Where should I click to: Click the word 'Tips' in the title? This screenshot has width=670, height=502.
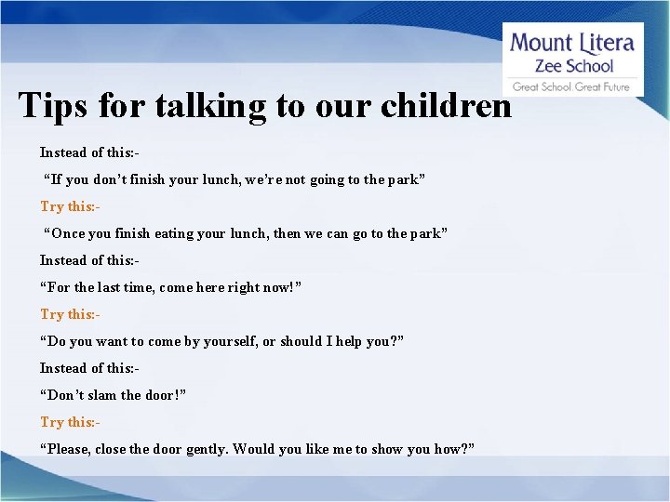[52, 106]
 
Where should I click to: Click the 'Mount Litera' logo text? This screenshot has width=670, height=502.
[572, 43]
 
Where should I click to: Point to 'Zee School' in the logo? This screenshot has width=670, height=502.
[573, 65]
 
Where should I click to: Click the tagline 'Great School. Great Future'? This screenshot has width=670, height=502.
[571, 86]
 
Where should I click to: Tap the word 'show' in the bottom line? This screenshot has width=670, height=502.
[384, 449]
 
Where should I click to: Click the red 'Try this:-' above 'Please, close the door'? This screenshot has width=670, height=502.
[70, 422]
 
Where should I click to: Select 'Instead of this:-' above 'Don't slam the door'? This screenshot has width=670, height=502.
[89, 368]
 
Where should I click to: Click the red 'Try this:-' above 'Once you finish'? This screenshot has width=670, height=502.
[70, 206]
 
